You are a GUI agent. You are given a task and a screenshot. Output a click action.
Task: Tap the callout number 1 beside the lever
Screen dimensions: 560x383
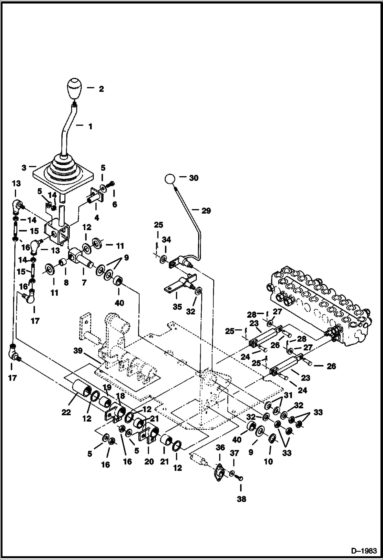[90, 126]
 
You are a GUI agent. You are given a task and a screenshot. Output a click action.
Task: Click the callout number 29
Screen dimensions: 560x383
[206, 211]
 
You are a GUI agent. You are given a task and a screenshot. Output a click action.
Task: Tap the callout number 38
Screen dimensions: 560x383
[241, 499]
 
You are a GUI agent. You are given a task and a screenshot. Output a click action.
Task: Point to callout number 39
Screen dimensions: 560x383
[78, 351]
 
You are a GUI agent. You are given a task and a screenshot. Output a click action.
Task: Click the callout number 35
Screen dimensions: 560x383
[177, 307]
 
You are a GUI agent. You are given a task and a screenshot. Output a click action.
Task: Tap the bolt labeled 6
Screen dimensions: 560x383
[111, 184]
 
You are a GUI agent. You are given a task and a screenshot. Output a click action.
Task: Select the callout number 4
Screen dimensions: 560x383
[96, 218]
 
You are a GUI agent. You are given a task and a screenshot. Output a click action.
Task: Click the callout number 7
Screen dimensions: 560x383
[84, 283]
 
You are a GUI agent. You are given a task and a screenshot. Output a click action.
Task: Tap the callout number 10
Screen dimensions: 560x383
[268, 461]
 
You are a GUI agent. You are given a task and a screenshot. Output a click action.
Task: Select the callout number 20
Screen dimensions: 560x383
[149, 461]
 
